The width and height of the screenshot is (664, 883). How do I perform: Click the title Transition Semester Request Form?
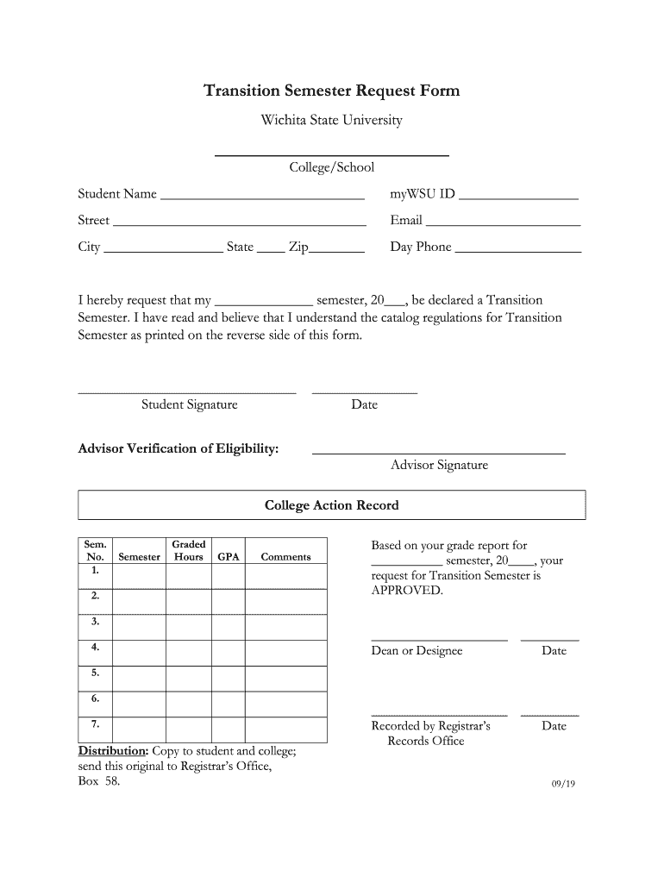[x=331, y=91]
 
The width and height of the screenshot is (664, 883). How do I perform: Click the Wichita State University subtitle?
[x=331, y=121]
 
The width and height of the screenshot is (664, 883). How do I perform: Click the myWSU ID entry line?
[x=518, y=195]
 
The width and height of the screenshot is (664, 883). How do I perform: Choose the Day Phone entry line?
[x=517, y=248]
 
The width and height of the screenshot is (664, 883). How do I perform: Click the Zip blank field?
[x=336, y=248]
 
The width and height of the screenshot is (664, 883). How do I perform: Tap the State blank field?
[x=270, y=248]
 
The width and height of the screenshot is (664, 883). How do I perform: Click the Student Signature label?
[x=189, y=404]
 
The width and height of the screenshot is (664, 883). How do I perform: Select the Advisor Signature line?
[x=438, y=448]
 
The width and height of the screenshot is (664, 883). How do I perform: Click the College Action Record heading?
[x=331, y=505]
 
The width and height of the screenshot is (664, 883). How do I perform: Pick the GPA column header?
[x=229, y=557]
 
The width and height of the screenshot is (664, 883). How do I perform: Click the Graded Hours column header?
[x=188, y=550]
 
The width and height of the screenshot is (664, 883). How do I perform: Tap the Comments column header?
[x=285, y=557]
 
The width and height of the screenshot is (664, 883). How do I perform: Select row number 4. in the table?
[x=95, y=647]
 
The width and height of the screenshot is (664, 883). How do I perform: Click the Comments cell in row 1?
[x=285, y=575]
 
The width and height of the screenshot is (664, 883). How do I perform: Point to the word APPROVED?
[x=406, y=591]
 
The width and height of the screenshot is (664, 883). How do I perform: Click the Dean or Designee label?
[x=417, y=651]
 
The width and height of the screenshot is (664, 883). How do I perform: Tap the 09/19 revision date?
[x=563, y=784]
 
